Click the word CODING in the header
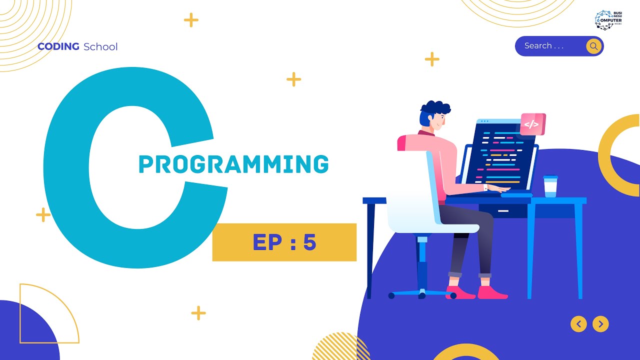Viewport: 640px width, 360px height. (58, 46)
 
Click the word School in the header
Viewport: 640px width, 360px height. (100, 46)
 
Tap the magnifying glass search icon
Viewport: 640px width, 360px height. (593, 46)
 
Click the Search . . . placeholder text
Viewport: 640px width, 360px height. (544, 45)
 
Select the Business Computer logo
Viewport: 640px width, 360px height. (608, 19)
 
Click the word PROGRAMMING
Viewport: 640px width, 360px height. (233, 164)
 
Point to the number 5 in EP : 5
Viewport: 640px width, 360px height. (310, 242)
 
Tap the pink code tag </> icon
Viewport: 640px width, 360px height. (532, 124)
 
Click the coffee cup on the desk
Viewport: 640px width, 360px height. (550, 186)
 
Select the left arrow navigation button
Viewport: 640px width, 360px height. (578, 324)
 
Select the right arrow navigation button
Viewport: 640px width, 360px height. (600, 324)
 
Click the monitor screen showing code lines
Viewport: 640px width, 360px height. (502, 155)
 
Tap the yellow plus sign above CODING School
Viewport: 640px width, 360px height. (191, 20)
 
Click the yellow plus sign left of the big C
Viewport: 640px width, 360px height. (43, 215)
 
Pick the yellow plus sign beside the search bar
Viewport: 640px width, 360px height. (432, 59)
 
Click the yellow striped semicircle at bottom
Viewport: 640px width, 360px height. (340, 347)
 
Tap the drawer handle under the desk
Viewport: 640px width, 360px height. (503, 210)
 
